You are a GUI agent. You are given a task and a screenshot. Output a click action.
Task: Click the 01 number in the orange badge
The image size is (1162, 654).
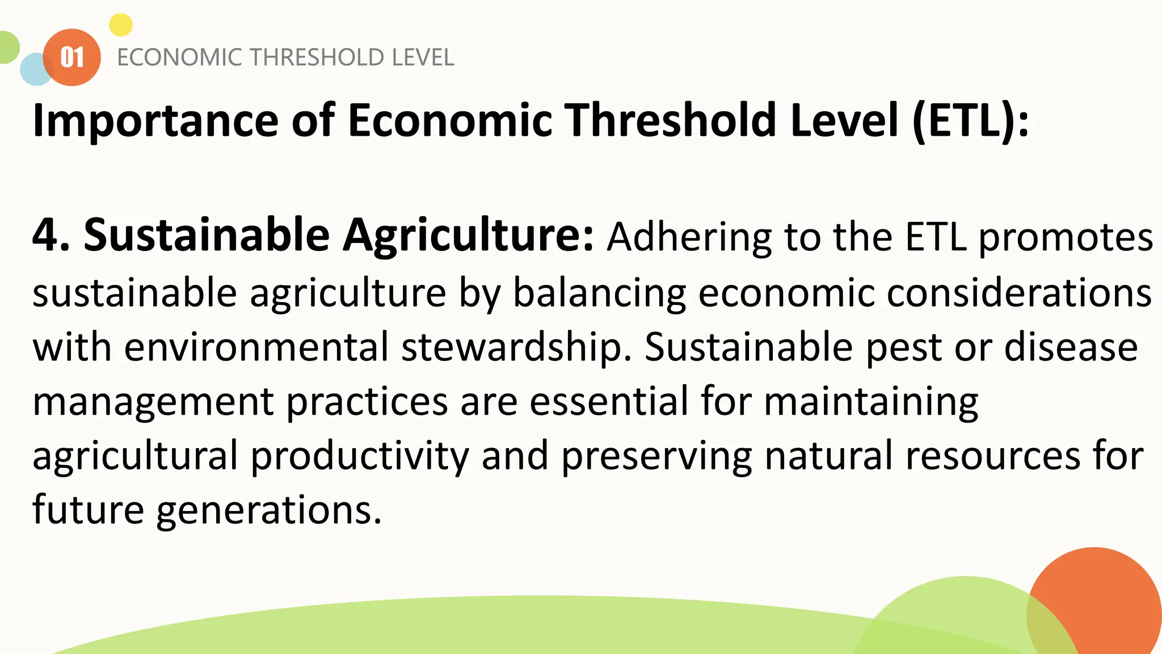click(x=72, y=57)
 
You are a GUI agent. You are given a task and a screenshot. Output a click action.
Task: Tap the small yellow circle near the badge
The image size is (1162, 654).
click(x=120, y=25)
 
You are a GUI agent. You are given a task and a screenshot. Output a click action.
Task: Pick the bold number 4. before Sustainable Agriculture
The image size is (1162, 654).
click(x=51, y=235)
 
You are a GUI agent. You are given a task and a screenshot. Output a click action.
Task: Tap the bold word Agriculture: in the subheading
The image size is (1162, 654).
click(x=469, y=235)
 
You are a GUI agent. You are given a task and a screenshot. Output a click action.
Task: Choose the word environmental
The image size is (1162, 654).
click(x=256, y=347)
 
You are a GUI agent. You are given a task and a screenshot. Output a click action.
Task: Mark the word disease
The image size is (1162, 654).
click(x=1071, y=347)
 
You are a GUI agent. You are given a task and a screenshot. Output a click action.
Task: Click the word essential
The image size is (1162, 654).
click(x=609, y=401)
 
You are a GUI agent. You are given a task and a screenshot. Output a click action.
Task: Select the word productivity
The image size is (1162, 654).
click(x=360, y=456)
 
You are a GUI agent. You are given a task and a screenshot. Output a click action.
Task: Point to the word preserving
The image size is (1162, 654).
click(x=656, y=456)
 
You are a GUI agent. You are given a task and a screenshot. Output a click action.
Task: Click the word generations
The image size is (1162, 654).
click(x=268, y=510)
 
